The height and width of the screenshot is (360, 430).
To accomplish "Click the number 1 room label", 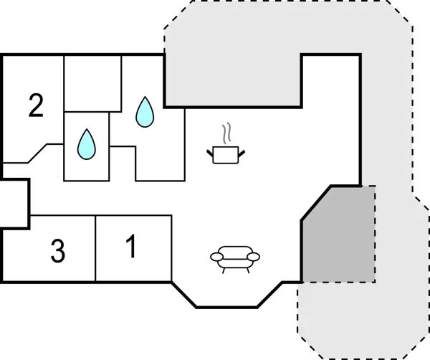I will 130,247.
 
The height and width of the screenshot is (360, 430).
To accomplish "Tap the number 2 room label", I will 36,106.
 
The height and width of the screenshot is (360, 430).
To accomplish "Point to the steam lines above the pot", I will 227,133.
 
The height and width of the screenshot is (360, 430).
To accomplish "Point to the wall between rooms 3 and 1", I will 95,248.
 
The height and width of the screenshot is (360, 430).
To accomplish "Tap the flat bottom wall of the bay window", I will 227,307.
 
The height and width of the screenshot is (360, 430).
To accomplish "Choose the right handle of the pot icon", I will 244,151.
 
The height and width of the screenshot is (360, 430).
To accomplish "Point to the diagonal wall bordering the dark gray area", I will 315,203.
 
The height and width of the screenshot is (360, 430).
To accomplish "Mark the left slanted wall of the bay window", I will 183,295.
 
